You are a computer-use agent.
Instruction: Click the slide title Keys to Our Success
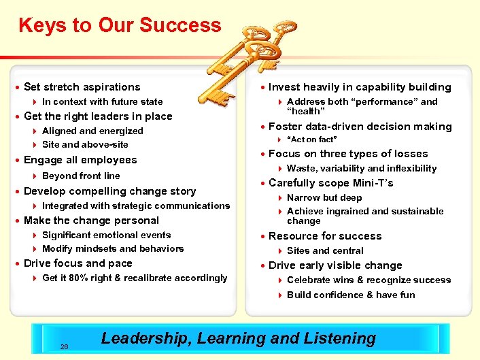120,26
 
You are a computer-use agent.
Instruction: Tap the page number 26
64,346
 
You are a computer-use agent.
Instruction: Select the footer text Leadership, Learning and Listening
238,338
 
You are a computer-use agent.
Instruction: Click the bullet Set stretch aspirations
82,87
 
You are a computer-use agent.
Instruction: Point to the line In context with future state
102,101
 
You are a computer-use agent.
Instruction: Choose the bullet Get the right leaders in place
98,116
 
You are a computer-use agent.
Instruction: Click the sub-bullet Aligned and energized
92,131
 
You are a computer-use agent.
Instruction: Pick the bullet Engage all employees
80,160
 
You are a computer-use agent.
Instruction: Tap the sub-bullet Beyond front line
81,176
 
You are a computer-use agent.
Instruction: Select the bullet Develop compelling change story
109,191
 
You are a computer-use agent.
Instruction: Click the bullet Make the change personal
91,220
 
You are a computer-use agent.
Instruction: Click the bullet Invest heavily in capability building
360,87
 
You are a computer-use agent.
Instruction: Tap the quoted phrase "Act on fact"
312,140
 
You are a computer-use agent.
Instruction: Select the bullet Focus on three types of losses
348,154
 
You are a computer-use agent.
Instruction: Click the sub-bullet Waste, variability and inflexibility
362,168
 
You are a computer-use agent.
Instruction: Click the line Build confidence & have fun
351,295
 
